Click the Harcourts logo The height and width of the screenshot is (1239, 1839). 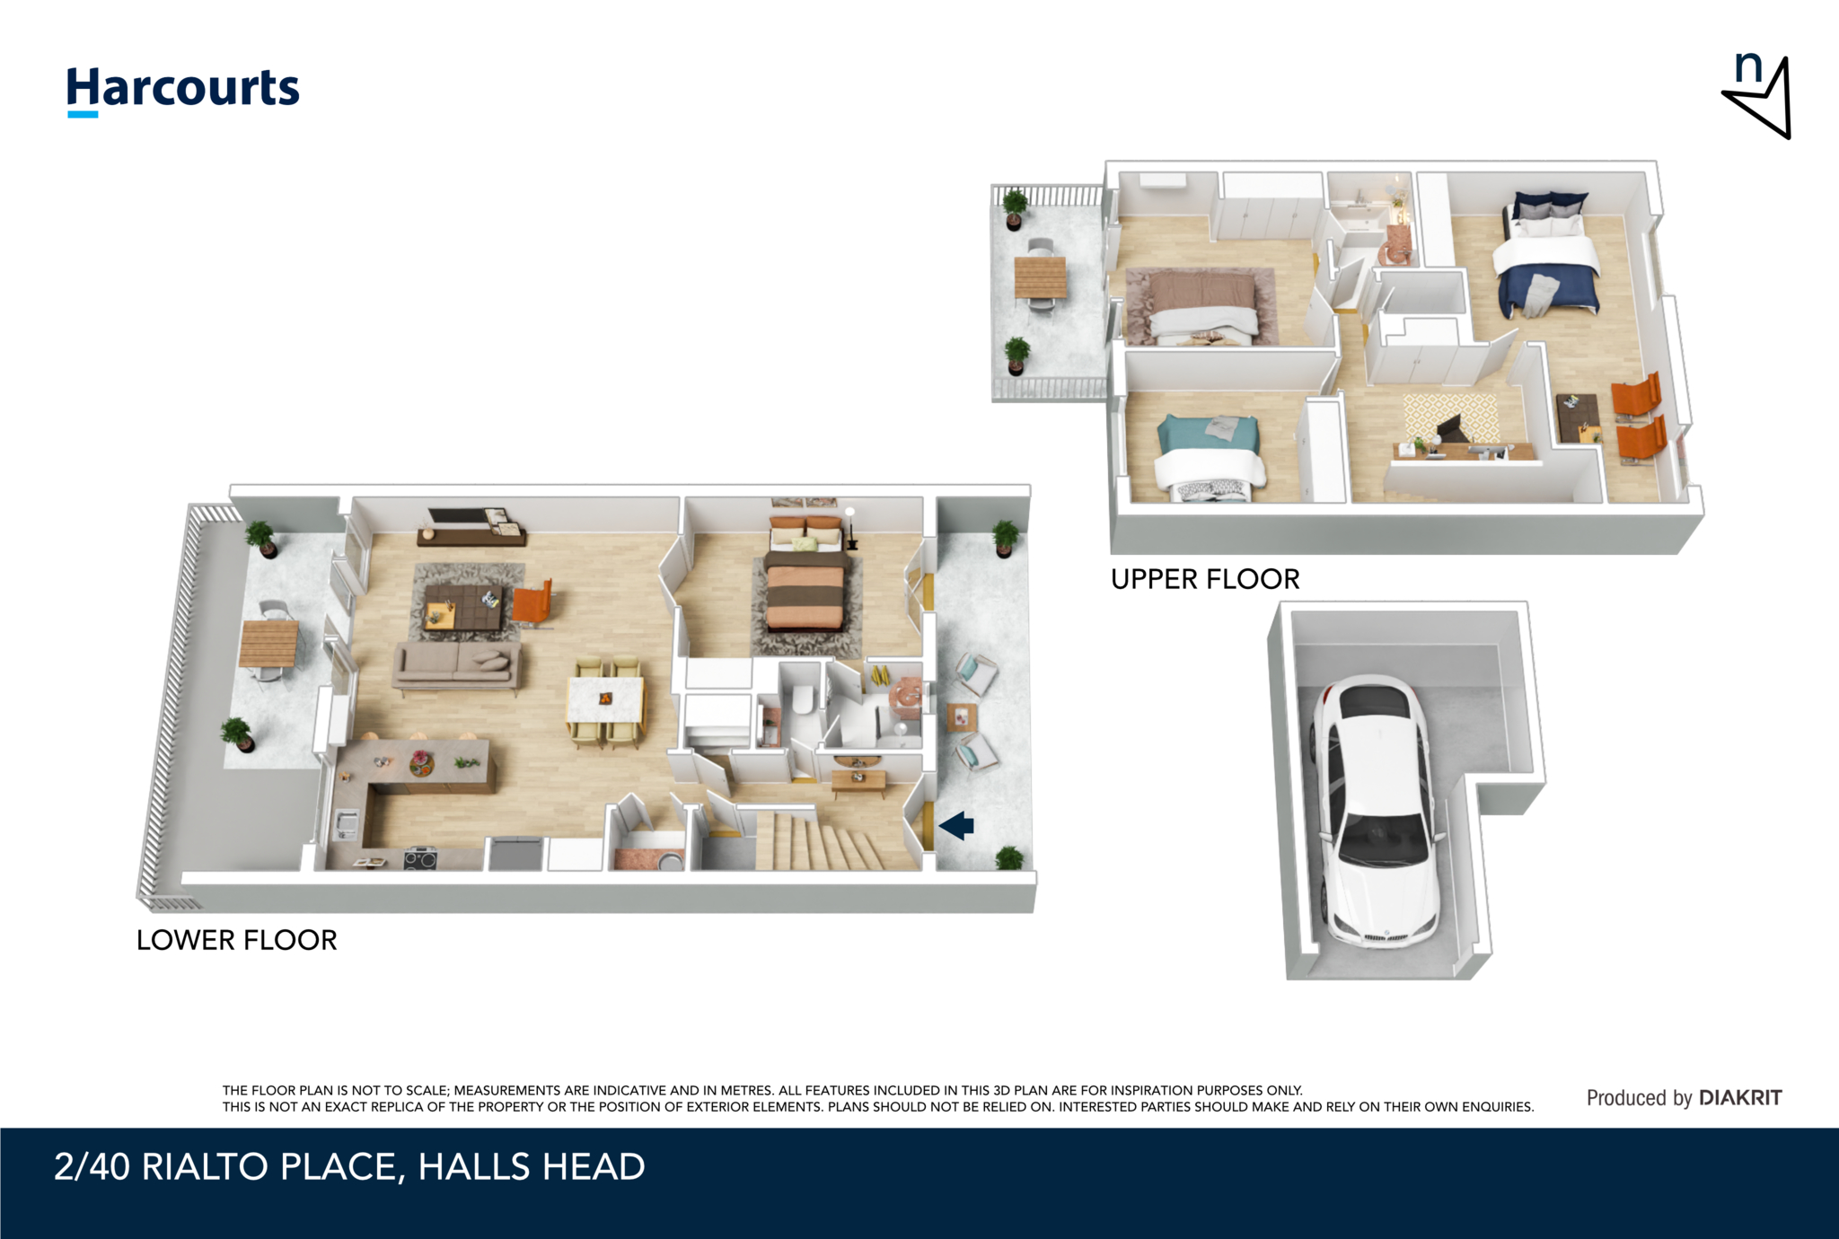tap(183, 91)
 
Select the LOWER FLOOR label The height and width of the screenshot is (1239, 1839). tap(237, 940)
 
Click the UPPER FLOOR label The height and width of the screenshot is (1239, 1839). tap(1205, 579)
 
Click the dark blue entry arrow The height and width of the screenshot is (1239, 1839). tap(957, 825)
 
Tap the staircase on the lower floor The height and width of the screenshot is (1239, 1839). tap(822, 840)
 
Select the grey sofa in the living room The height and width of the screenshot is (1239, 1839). tap(456, 668)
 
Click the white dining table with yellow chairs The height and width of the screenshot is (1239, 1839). tap(606, 702)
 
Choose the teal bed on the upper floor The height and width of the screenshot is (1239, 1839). tap(1208, 457)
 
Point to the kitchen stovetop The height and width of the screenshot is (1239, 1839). tap(419, 858)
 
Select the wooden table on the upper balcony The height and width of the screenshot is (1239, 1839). tap(1041, 277)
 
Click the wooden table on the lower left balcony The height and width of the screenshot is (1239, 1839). tap(268, 643)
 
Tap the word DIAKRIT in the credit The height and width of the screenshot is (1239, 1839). tap(1740, 1097)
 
